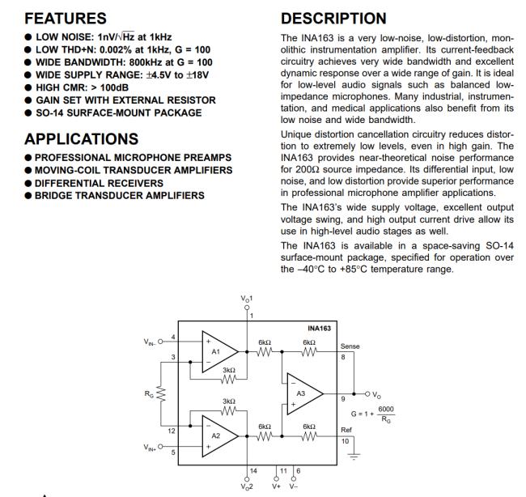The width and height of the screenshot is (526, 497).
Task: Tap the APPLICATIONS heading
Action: click(x=81, y=138)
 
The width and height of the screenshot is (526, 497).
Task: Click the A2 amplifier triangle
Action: click(x=218, y=435)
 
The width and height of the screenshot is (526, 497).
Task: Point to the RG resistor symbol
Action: click(x=163, y=393)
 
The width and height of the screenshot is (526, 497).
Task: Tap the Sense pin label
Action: click(x=350, y=346)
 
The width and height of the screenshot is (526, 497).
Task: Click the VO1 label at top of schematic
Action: click(x=247, y=299)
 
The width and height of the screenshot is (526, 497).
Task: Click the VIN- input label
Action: click(x=151, y=341)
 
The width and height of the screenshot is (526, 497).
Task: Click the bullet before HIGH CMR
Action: click(x=28, y=87)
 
